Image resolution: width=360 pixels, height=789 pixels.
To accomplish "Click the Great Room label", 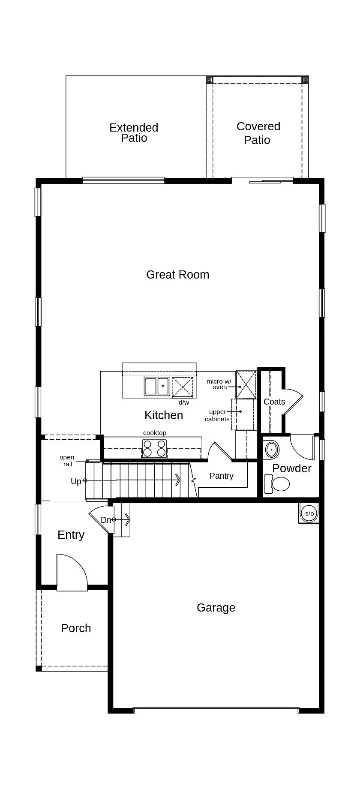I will click(x=177, y=275).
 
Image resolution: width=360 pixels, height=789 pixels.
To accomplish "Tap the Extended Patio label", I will click(x=134, y=133).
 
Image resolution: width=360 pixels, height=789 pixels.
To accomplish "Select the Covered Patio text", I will click(x=258, y=133).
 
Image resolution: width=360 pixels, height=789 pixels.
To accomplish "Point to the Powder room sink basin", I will click(x=272, y=450).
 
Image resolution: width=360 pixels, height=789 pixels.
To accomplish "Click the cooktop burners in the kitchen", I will click(x=154, y=449).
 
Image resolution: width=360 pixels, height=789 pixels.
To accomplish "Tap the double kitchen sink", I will click(x=157, y=386).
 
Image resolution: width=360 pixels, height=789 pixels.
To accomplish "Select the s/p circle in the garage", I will click(x=309, y=513).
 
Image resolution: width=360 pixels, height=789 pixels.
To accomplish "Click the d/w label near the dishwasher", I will click(x=184, y=402).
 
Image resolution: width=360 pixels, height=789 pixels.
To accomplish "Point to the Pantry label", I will click(x=221, y=476).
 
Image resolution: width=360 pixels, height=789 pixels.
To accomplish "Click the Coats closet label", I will click(x=274, y=402).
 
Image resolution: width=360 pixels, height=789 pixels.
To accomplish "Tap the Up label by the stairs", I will click(x=76, y=481).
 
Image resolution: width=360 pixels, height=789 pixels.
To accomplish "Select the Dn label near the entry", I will click(x=106, y=520).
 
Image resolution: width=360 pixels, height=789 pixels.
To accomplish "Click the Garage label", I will click(x=216, y=608).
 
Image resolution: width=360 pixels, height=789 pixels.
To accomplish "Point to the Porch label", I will click(x=76, y=628).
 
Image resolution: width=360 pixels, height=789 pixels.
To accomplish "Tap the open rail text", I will click(x=67, y=461).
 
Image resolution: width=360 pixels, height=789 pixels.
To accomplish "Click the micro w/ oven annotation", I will click(x=219, y=384).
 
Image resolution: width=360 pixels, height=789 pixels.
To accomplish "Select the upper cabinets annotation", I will click(x=217, y=415).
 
